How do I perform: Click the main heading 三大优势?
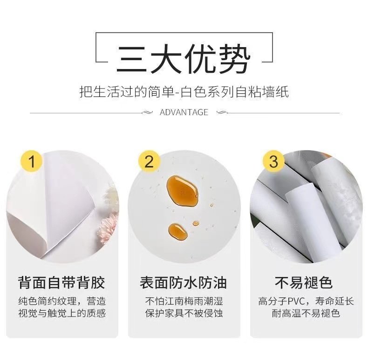click(184, 59)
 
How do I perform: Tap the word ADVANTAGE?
click(184, 112)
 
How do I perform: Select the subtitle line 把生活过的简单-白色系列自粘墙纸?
click(184, 92)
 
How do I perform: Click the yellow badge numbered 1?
click(32, 161)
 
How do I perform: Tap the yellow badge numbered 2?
click(149, 161)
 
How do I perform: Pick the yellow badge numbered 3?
click(273, 161)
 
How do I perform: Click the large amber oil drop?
click(182, 191)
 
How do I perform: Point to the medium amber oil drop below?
click(178, 232)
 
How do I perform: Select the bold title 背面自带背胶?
click(61, 283)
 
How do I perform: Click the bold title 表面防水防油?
click(183, 283)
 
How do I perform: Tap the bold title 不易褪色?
click(304, 283)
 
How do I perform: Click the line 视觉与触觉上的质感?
click(62, 313)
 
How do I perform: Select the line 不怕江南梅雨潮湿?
click(184, 301)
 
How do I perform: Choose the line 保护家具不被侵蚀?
click(184, 313)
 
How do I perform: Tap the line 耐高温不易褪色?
click(306, 313)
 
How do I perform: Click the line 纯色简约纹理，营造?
click(62, 301)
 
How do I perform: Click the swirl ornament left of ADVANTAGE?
click(147, 113)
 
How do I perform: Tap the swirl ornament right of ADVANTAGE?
click(222, 113)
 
